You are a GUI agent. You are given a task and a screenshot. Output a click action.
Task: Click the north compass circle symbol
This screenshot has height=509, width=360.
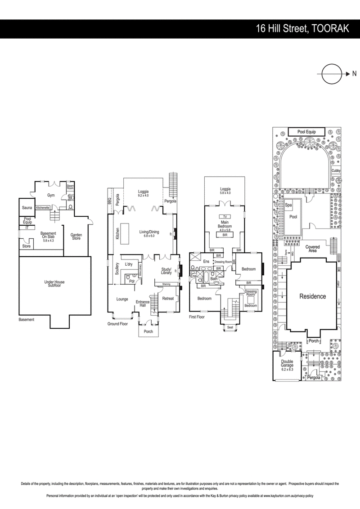(331, 74)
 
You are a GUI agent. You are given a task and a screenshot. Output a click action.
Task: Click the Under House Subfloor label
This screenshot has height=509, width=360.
(54, 284)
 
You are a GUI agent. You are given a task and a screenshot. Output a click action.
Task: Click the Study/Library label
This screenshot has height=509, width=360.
(166, 271)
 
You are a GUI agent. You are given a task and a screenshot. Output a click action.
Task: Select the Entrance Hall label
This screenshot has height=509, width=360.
(142, 304)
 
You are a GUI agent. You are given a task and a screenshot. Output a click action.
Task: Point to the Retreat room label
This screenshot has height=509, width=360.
(168, 298)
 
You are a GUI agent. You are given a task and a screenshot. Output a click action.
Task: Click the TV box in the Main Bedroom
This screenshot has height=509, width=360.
(224, 217)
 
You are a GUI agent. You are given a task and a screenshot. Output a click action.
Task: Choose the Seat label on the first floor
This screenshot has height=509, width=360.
(230, 327)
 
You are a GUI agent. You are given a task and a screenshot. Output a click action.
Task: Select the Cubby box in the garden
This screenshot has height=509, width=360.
(336, 171)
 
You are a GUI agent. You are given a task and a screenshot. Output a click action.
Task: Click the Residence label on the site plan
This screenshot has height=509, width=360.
(312, 296)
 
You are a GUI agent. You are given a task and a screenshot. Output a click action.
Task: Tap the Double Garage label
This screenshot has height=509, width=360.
(287, 364)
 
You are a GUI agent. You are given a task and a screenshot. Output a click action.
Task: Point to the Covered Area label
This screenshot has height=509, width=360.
(312, 249)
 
